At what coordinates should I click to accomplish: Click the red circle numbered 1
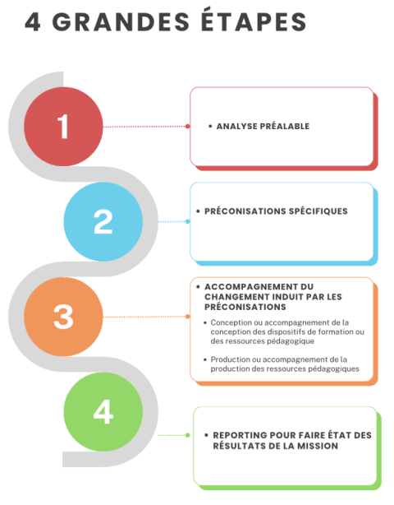pyautogui.click(x=63, y=127)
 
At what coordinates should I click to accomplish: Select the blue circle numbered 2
pyautogui.click(x=103, y=221)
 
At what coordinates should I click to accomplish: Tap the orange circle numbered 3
pyautogui.click(x=63, y=317)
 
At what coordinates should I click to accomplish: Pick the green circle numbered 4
pyautogui.click(x=103, y=412)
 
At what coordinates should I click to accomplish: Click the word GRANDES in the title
pyautogui.click(x=121, y=22)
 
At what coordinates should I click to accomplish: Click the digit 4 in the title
pyautogui.click(x=33, y=22)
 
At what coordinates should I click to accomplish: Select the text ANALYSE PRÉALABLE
pyautogui.click(x=263, y=127)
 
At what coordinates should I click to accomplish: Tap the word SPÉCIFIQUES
pyautogui.click(x=318, y=211)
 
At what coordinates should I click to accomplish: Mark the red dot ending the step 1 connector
pyautogui.click(x=188, y=127)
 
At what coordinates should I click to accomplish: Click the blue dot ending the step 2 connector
pyautogui.click(x=188, y=221)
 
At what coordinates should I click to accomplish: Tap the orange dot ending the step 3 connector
pyautogui.click(x=188, y=317)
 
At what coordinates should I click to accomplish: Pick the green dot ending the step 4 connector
pyautogui.click(x=188, y=435)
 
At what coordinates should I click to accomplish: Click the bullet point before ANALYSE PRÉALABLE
pyautogui.click(x=210, y=127)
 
